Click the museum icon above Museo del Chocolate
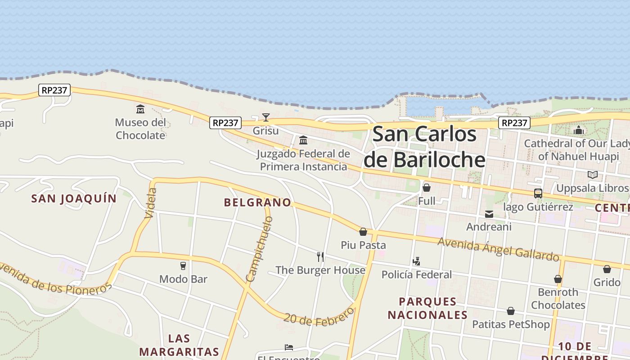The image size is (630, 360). click(x=140, y=109)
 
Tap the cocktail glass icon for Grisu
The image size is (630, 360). click(x=266, y=117)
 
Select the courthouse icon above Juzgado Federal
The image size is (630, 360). click(x=303, y=140)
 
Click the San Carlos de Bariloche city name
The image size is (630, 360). click(x=424, y=147)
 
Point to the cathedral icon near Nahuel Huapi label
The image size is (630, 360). click(x=579, y=130)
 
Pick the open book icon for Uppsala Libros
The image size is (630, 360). click(x=593, y=175)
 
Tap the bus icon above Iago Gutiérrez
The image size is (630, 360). click(x=538, y=193)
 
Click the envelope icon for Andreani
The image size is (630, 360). click(x=489, y=214)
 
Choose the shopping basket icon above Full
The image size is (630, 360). click(x=427, y=188)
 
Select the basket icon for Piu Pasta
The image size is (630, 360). click(x=363, y=232)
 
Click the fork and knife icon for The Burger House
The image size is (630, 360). click(x=320, y=257)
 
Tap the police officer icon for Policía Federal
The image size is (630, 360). click(x=417, y=261)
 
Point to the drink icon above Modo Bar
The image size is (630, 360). click(x=183, y=266)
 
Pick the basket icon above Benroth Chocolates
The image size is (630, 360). click(x=558, y=279)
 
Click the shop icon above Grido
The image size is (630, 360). click(x=607, y=269)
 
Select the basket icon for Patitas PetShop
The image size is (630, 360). click(x=511, y=311)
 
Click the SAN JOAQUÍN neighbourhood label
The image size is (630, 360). click(x=74, y=198)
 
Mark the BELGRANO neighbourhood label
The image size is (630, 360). click(x=257, y=202)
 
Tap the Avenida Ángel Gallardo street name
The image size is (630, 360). click(x=498, y=249)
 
